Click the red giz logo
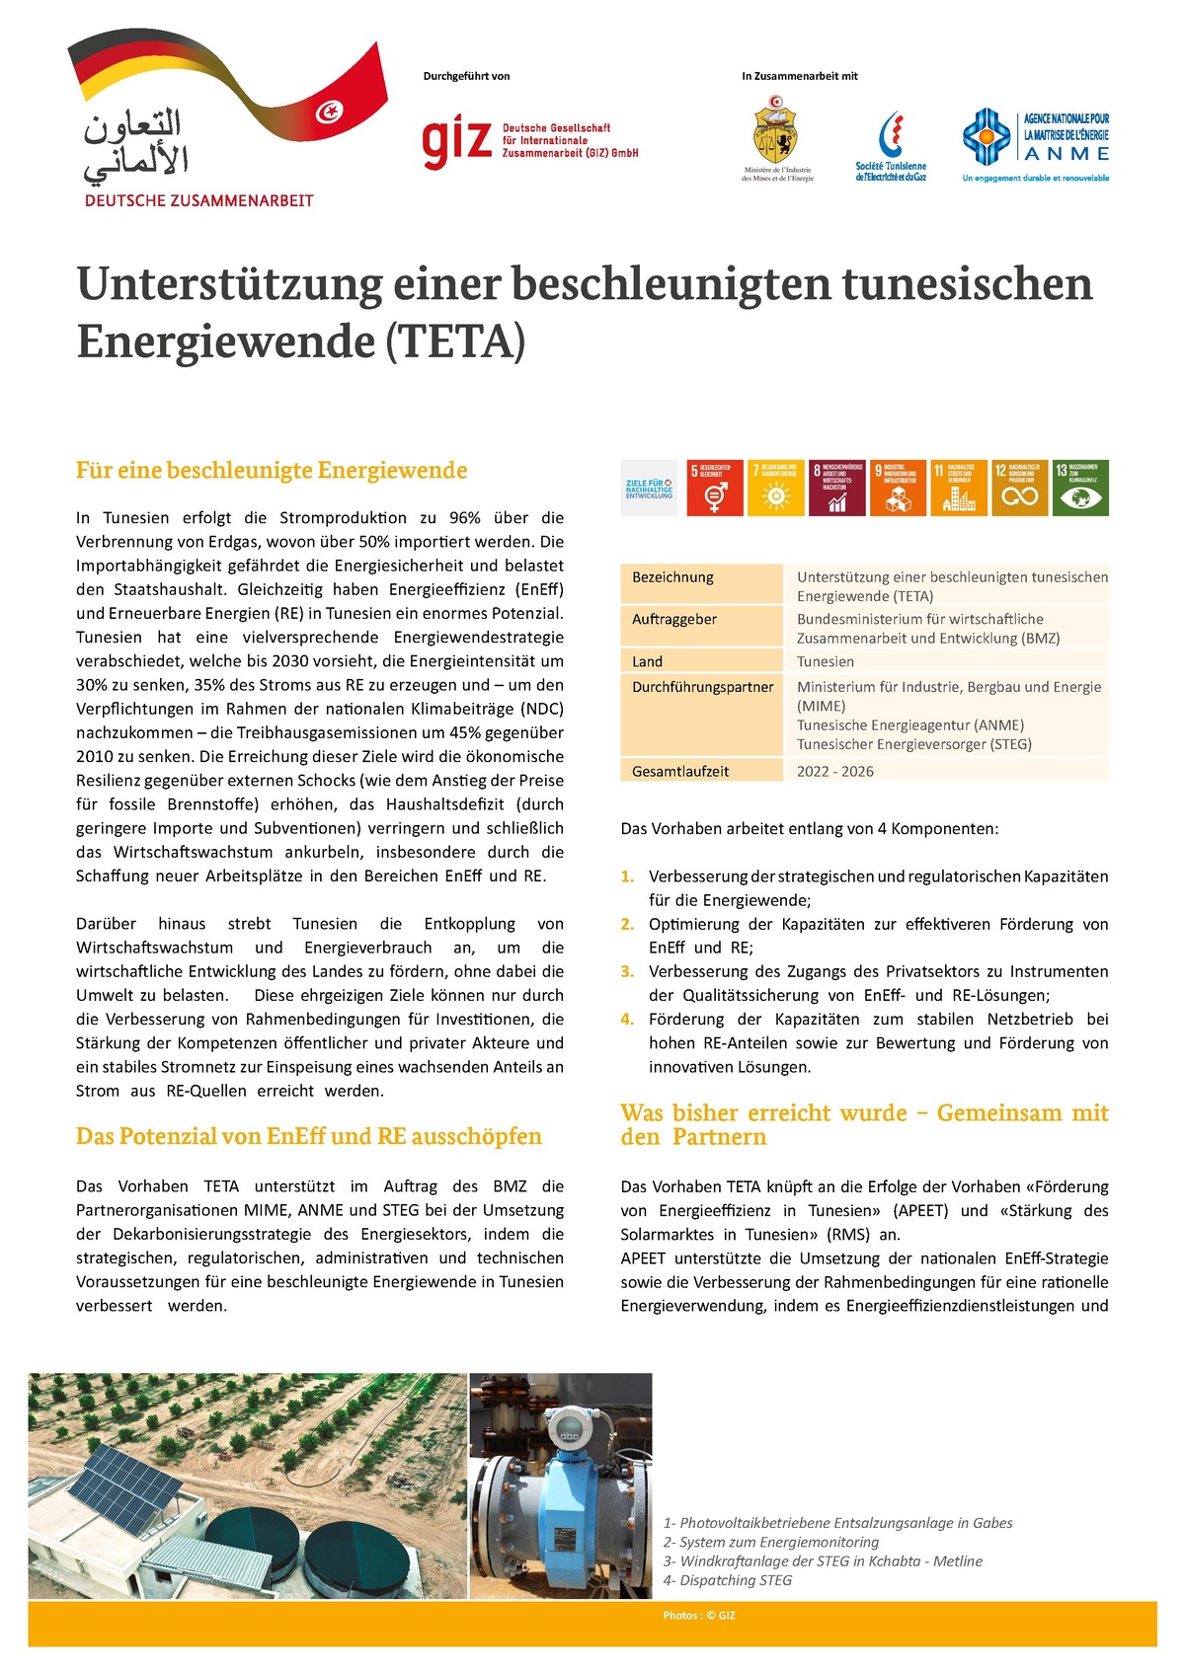click(457, 142)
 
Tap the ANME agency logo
click(1036, 144)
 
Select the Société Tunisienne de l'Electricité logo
click(891, 145)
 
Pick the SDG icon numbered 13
click(1080, 488)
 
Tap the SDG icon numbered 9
click(898, 488)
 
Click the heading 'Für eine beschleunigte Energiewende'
click(272, 471)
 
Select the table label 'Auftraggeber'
click(674, 620)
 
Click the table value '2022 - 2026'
click(835, 772)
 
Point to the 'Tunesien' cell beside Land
click(826, 662)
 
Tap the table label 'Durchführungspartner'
click(702, 688)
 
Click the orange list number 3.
click(627, 972)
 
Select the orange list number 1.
click(627, 876)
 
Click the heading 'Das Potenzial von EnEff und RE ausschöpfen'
click(309, 1137)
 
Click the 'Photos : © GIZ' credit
click(699, 1616)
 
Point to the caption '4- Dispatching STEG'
click(728, 1580)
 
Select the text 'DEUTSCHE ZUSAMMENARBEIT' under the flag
click(199, 200)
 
